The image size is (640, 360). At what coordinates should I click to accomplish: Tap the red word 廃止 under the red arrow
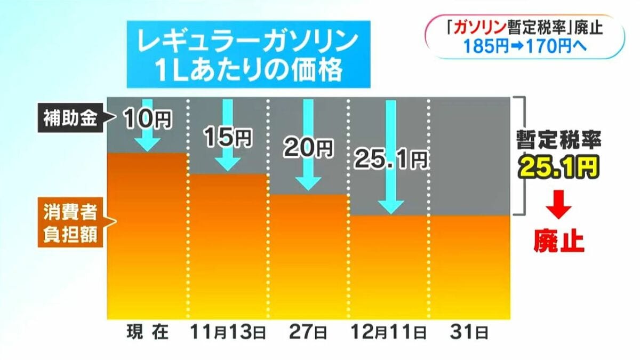[x=559, y=241]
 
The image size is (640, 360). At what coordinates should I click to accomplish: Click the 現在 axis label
[x=147, y=333]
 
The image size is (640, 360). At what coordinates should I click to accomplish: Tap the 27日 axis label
[x=308, y=333]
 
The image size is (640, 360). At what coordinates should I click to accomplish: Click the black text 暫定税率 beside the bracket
[x=558, y=141]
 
